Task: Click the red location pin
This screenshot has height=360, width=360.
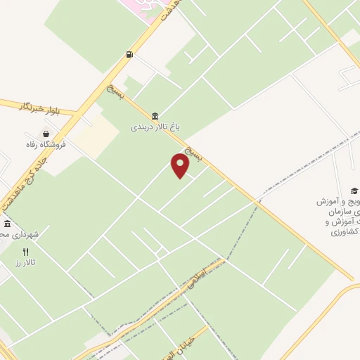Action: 181,165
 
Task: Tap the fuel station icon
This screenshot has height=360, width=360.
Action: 129,54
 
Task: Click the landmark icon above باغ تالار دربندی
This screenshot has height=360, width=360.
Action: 155,116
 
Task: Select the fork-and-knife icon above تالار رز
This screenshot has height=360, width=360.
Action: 26,251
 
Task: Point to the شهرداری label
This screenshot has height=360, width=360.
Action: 21,233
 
